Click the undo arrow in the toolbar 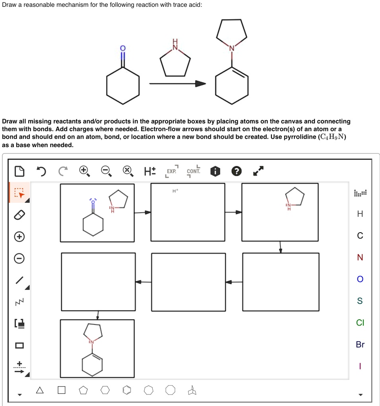pos(41,171)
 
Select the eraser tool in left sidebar pos(19,215)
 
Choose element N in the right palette pos(360,258)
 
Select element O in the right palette pos(360,279)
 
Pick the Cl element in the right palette pos(360,322)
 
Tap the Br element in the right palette pos(360,344)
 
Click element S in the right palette pos(360,301)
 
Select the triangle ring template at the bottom pos(40,390)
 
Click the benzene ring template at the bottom pos(126,390)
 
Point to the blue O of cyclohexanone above pos(123,49)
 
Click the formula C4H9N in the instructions pos(328,137)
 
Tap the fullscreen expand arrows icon pos(258,171)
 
